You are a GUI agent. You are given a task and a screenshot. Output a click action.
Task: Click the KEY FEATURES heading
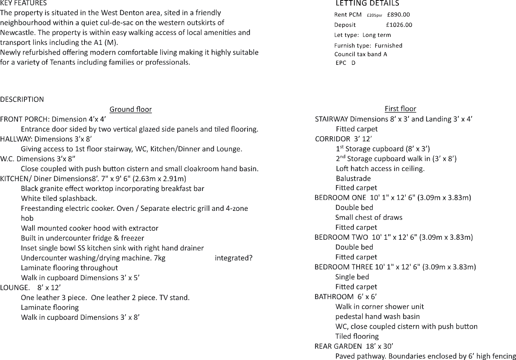23,3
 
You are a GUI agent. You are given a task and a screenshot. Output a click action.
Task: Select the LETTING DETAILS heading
367,3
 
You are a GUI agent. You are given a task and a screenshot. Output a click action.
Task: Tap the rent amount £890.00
398,15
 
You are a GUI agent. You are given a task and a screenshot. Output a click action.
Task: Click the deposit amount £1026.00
399,25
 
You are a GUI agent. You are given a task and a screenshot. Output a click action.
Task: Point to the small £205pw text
374,15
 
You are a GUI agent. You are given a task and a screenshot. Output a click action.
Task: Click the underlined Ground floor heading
131,109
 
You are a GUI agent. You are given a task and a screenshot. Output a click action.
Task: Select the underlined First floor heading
400,109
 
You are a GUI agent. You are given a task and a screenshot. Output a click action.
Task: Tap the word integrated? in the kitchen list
233,258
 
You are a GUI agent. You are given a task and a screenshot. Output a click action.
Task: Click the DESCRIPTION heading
22,99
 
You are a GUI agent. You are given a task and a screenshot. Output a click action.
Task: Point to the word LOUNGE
15,287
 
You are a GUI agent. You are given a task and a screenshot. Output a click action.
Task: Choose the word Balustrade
353,178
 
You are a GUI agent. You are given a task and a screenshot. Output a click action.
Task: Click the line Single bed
352,277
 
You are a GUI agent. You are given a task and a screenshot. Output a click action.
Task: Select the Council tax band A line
360,54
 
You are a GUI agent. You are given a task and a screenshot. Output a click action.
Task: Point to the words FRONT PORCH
25,119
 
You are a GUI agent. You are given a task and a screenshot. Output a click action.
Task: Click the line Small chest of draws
369,217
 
